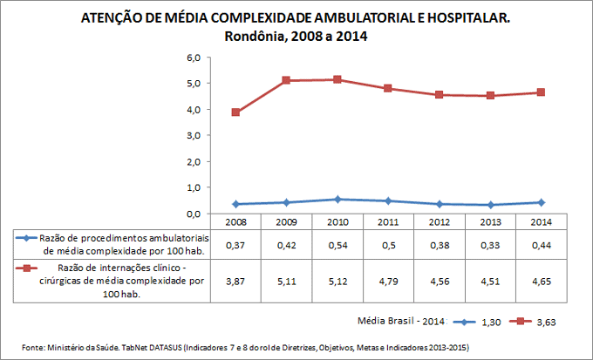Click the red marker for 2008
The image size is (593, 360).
click(x=235, y=112)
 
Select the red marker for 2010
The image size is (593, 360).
click(x=337, y=79)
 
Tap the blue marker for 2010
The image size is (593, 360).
click(x=337, y=200)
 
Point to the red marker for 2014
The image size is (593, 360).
click(x=542, y=92)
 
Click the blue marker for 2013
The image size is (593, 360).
click(x=490, y=205)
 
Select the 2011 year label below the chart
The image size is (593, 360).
click(x=388, y=222)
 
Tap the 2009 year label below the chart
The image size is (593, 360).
click(x=286, y=222)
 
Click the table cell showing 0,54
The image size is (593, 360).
click(x=337, y=245)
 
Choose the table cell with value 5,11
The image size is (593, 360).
click(x=286, y=282)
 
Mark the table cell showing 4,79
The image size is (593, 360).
click(x=388, y=282)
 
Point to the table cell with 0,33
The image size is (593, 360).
click(x=490, y=245)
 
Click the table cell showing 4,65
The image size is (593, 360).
click(x=542, y=282)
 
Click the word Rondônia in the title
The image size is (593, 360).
click(x=261, y=37)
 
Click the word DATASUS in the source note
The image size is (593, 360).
click(x=174, y=348)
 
